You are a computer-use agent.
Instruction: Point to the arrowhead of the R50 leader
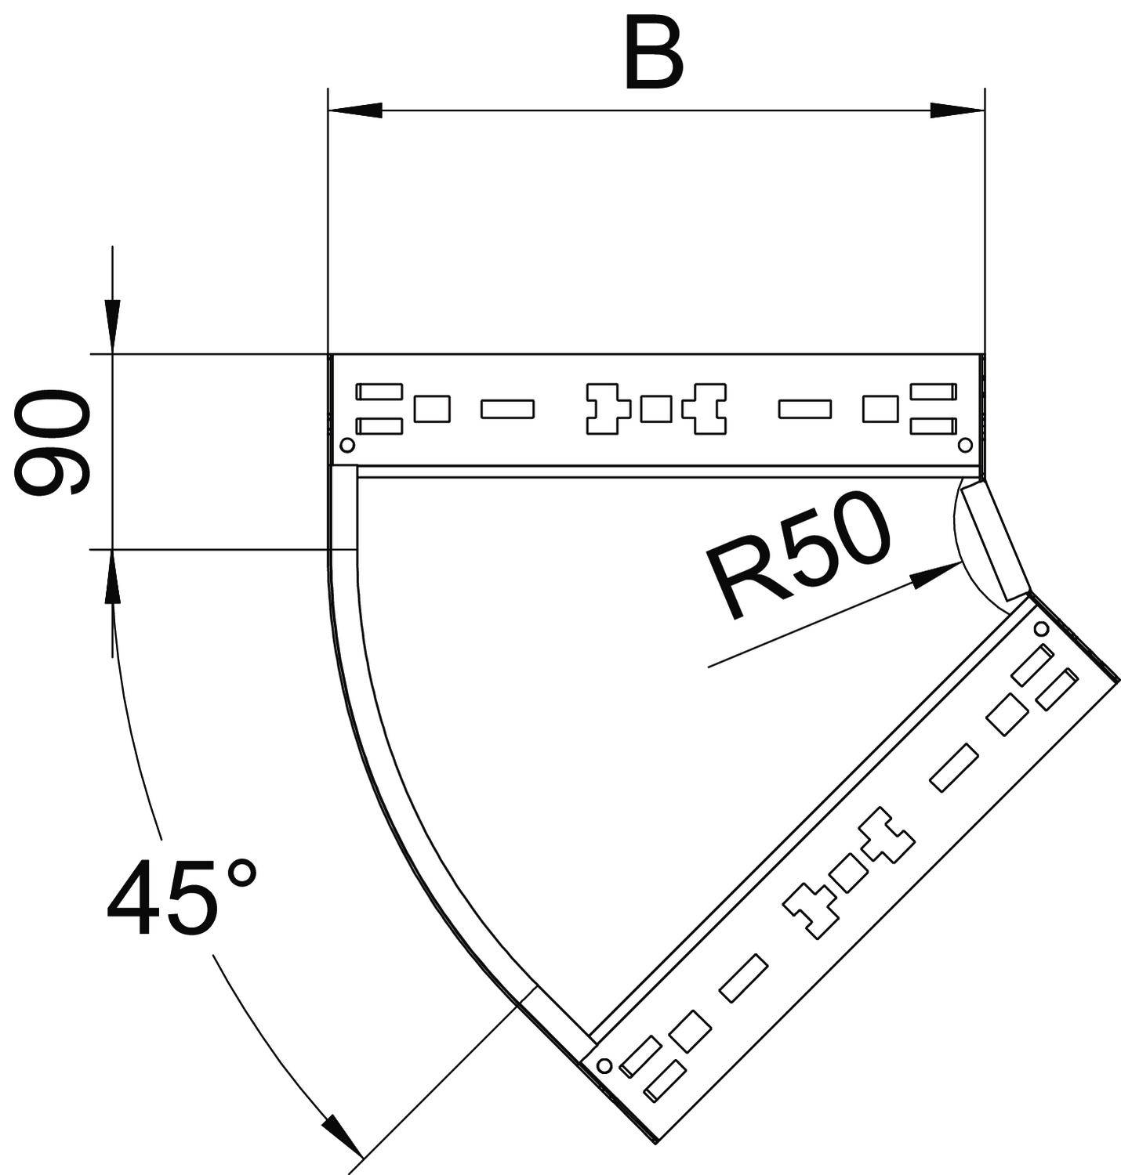click(x=937, y=575)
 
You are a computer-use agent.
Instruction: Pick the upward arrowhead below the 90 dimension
click(x=113, y=577)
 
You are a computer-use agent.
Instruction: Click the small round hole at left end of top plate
click(x=346, y=445)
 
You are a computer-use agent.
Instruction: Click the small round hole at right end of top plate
click(x=965, y=445)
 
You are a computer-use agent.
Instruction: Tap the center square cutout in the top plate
click(x=655, y=409)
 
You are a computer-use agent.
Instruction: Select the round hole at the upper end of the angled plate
click(x=1041, y=629)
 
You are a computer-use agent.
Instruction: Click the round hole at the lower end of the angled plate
click(x=604, y=1065)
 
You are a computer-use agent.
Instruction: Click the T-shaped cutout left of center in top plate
click(x=608, y=409)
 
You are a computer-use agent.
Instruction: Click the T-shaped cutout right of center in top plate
click(x=705, y=409)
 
